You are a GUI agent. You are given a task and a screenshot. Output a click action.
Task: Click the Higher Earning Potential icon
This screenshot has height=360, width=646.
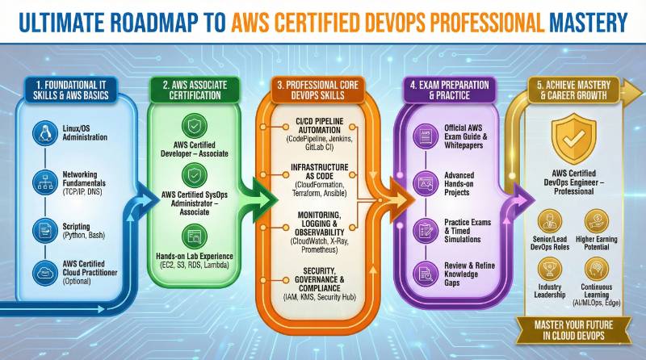(598, 220)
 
